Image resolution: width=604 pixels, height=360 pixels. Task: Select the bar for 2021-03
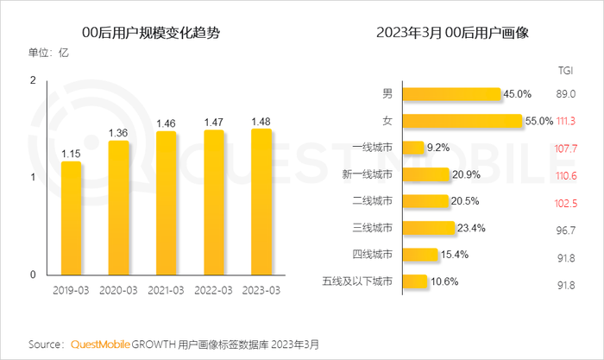[167, 203]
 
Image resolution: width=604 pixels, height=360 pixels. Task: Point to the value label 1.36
[118, 133]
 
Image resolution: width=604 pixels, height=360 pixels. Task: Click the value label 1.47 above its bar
[214, 123]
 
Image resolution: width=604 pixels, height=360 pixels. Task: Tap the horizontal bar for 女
[462, 121]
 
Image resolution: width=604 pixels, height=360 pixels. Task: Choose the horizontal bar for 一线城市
[412, 148]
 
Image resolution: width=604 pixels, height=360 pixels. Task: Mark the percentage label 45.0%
[519, 94]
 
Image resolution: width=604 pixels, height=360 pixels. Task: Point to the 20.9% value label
[468, 174]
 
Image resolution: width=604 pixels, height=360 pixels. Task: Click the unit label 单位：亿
[49, 54]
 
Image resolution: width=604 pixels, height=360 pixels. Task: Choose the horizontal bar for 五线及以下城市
[415, 281]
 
